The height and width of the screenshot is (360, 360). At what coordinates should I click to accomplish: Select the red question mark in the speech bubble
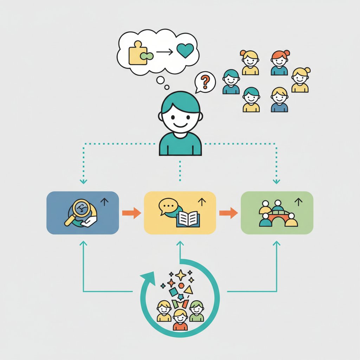coord(206,82)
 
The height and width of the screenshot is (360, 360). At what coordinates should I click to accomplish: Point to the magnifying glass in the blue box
coord(80,211)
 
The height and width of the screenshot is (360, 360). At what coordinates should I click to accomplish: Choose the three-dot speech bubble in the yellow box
coord(167,206)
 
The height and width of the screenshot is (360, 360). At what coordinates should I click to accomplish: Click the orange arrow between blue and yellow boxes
coord(131,213)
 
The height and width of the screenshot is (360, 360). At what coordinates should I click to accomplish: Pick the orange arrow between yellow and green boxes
coord(229,213)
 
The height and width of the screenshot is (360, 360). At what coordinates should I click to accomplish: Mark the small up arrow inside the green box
coord(298,201)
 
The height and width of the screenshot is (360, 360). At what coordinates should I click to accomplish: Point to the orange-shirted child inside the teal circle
coord(180,320)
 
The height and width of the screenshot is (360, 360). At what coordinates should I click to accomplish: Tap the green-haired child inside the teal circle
coord(197,311)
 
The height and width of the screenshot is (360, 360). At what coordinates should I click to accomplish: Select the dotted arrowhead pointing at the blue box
coord(83,181)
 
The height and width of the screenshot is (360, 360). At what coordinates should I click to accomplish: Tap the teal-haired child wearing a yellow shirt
coord(251,99)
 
